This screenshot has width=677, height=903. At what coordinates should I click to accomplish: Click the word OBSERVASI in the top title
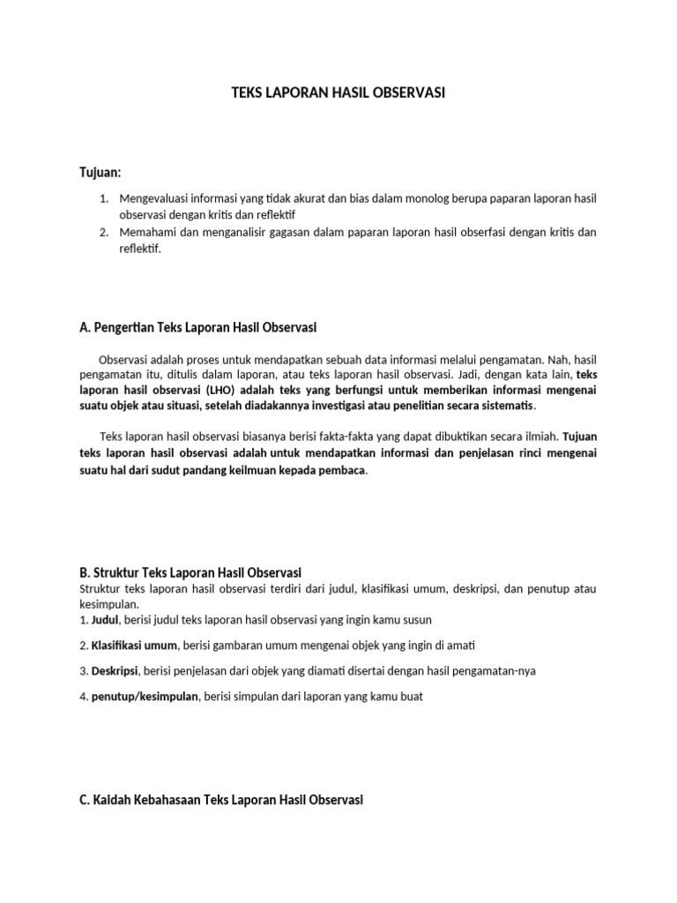coord(408,91)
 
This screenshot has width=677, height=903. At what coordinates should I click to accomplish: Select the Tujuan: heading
coord(100,170)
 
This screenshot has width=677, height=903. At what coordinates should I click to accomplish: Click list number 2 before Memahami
coord(103,233)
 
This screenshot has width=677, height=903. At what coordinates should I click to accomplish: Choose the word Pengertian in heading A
coord(124,328)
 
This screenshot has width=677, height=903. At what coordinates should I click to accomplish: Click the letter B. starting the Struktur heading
coord(85,573)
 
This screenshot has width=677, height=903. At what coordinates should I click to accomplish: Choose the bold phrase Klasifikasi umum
coord(134,646)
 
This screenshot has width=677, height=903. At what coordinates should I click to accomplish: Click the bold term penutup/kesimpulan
coord(146,697)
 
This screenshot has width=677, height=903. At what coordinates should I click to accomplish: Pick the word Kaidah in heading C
coord(115,800)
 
